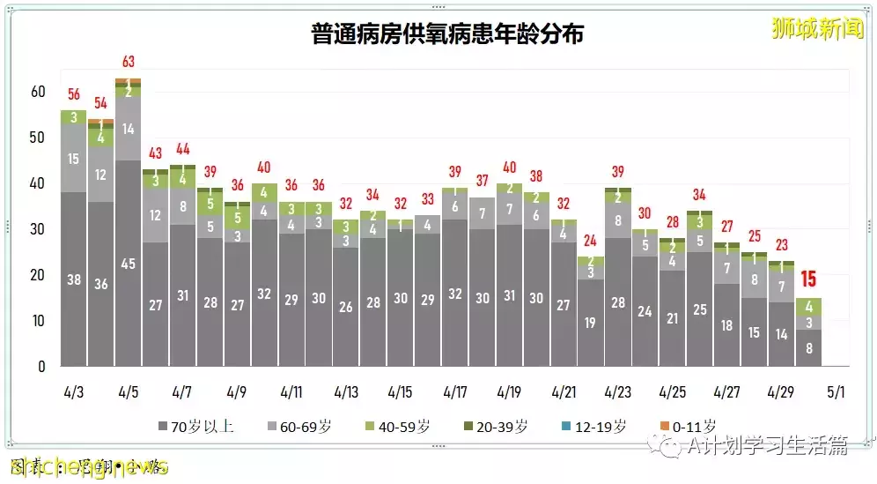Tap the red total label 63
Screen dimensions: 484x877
129,62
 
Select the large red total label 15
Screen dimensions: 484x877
808,281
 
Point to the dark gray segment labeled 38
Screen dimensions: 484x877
74,279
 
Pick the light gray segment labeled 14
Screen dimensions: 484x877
129,128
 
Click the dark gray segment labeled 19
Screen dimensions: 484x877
590,323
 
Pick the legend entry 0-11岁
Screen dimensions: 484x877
688,426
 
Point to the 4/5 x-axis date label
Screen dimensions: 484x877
128,391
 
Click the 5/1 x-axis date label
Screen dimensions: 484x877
836,391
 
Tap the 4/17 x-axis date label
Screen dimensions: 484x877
455,391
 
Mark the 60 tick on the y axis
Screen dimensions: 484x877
38,92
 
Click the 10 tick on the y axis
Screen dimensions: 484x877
38,321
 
